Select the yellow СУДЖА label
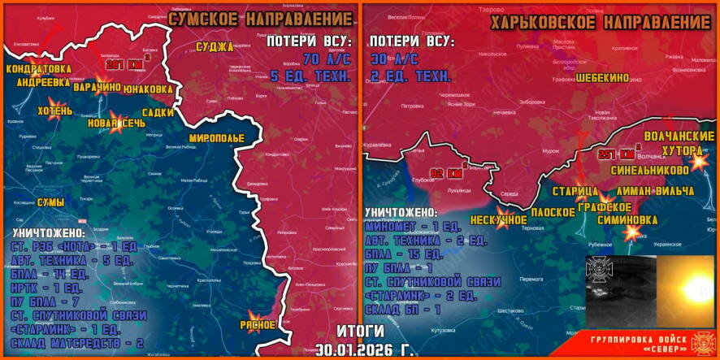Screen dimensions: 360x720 click(215, 46)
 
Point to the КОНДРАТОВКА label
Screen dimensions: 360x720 click(38, 70)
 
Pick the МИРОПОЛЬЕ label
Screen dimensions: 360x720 click(216, 137)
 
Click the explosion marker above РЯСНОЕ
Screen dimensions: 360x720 click(254, 315)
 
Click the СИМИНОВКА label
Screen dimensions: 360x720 click(627, 219)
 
